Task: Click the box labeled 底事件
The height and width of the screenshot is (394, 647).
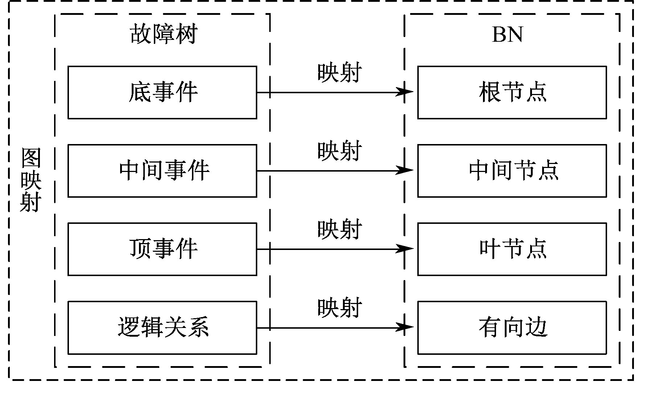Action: pyautogui.click(x=162, y=92)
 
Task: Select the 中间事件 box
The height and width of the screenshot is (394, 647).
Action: pyautogui.click(x=162, y=171)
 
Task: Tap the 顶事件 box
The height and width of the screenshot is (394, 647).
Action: pyautogui.click(x=162, y=249)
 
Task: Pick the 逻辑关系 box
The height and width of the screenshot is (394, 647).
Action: pyautogui.click(x=162, y=327)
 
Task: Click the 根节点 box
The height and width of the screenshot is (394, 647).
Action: pyautogui.click(x=512, y=92)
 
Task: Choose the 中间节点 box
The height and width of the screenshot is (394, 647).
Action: pyautogui.click(x=512, y=171)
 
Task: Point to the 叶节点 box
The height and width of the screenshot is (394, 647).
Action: pyautogui.click(x=512, y=249)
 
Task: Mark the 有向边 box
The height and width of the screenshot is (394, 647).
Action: pyautogui.click(x=512, y=327)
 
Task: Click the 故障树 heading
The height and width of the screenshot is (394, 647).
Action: pyautogui.click(x=163, y=35)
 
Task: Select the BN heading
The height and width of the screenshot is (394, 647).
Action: pyautogui.click(x=507, y=35)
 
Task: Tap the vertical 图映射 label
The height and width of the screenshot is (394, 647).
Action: pyautogui.click(x=30, y=180)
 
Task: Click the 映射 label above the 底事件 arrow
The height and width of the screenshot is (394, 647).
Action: pyautogui.click(x=339, y=73)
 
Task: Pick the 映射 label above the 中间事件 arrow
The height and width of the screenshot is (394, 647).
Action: pyautogui.click(x=339, y=151)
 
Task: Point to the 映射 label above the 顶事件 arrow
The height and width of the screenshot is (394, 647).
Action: pyautogui.click(x=339, y=229)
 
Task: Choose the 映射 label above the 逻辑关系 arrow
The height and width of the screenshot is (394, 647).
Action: pyautogui.click(x=339, y=308)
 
